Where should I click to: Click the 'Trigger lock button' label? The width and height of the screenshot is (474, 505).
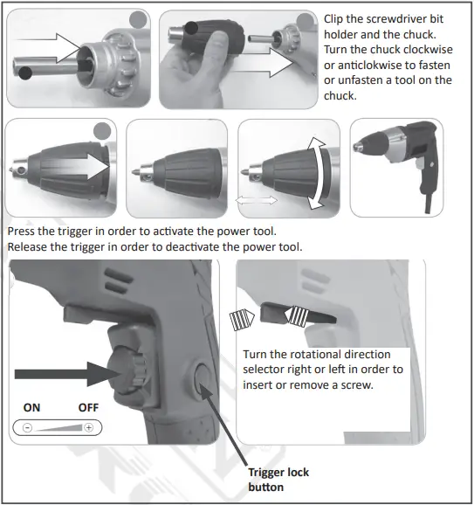(x=278, y=479)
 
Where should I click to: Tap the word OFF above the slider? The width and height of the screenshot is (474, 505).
(x=88, y=406)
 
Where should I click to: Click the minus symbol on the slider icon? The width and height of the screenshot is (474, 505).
(x=28, y=428)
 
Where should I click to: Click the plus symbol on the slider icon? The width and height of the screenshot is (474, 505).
(x=88, y=428)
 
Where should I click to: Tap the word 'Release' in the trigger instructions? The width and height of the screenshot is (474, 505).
(x=29, y=247)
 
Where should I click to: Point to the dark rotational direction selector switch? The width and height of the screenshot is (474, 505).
(x=292, y=315)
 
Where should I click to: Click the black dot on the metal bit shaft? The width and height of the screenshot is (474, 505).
(x=28, y=73)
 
